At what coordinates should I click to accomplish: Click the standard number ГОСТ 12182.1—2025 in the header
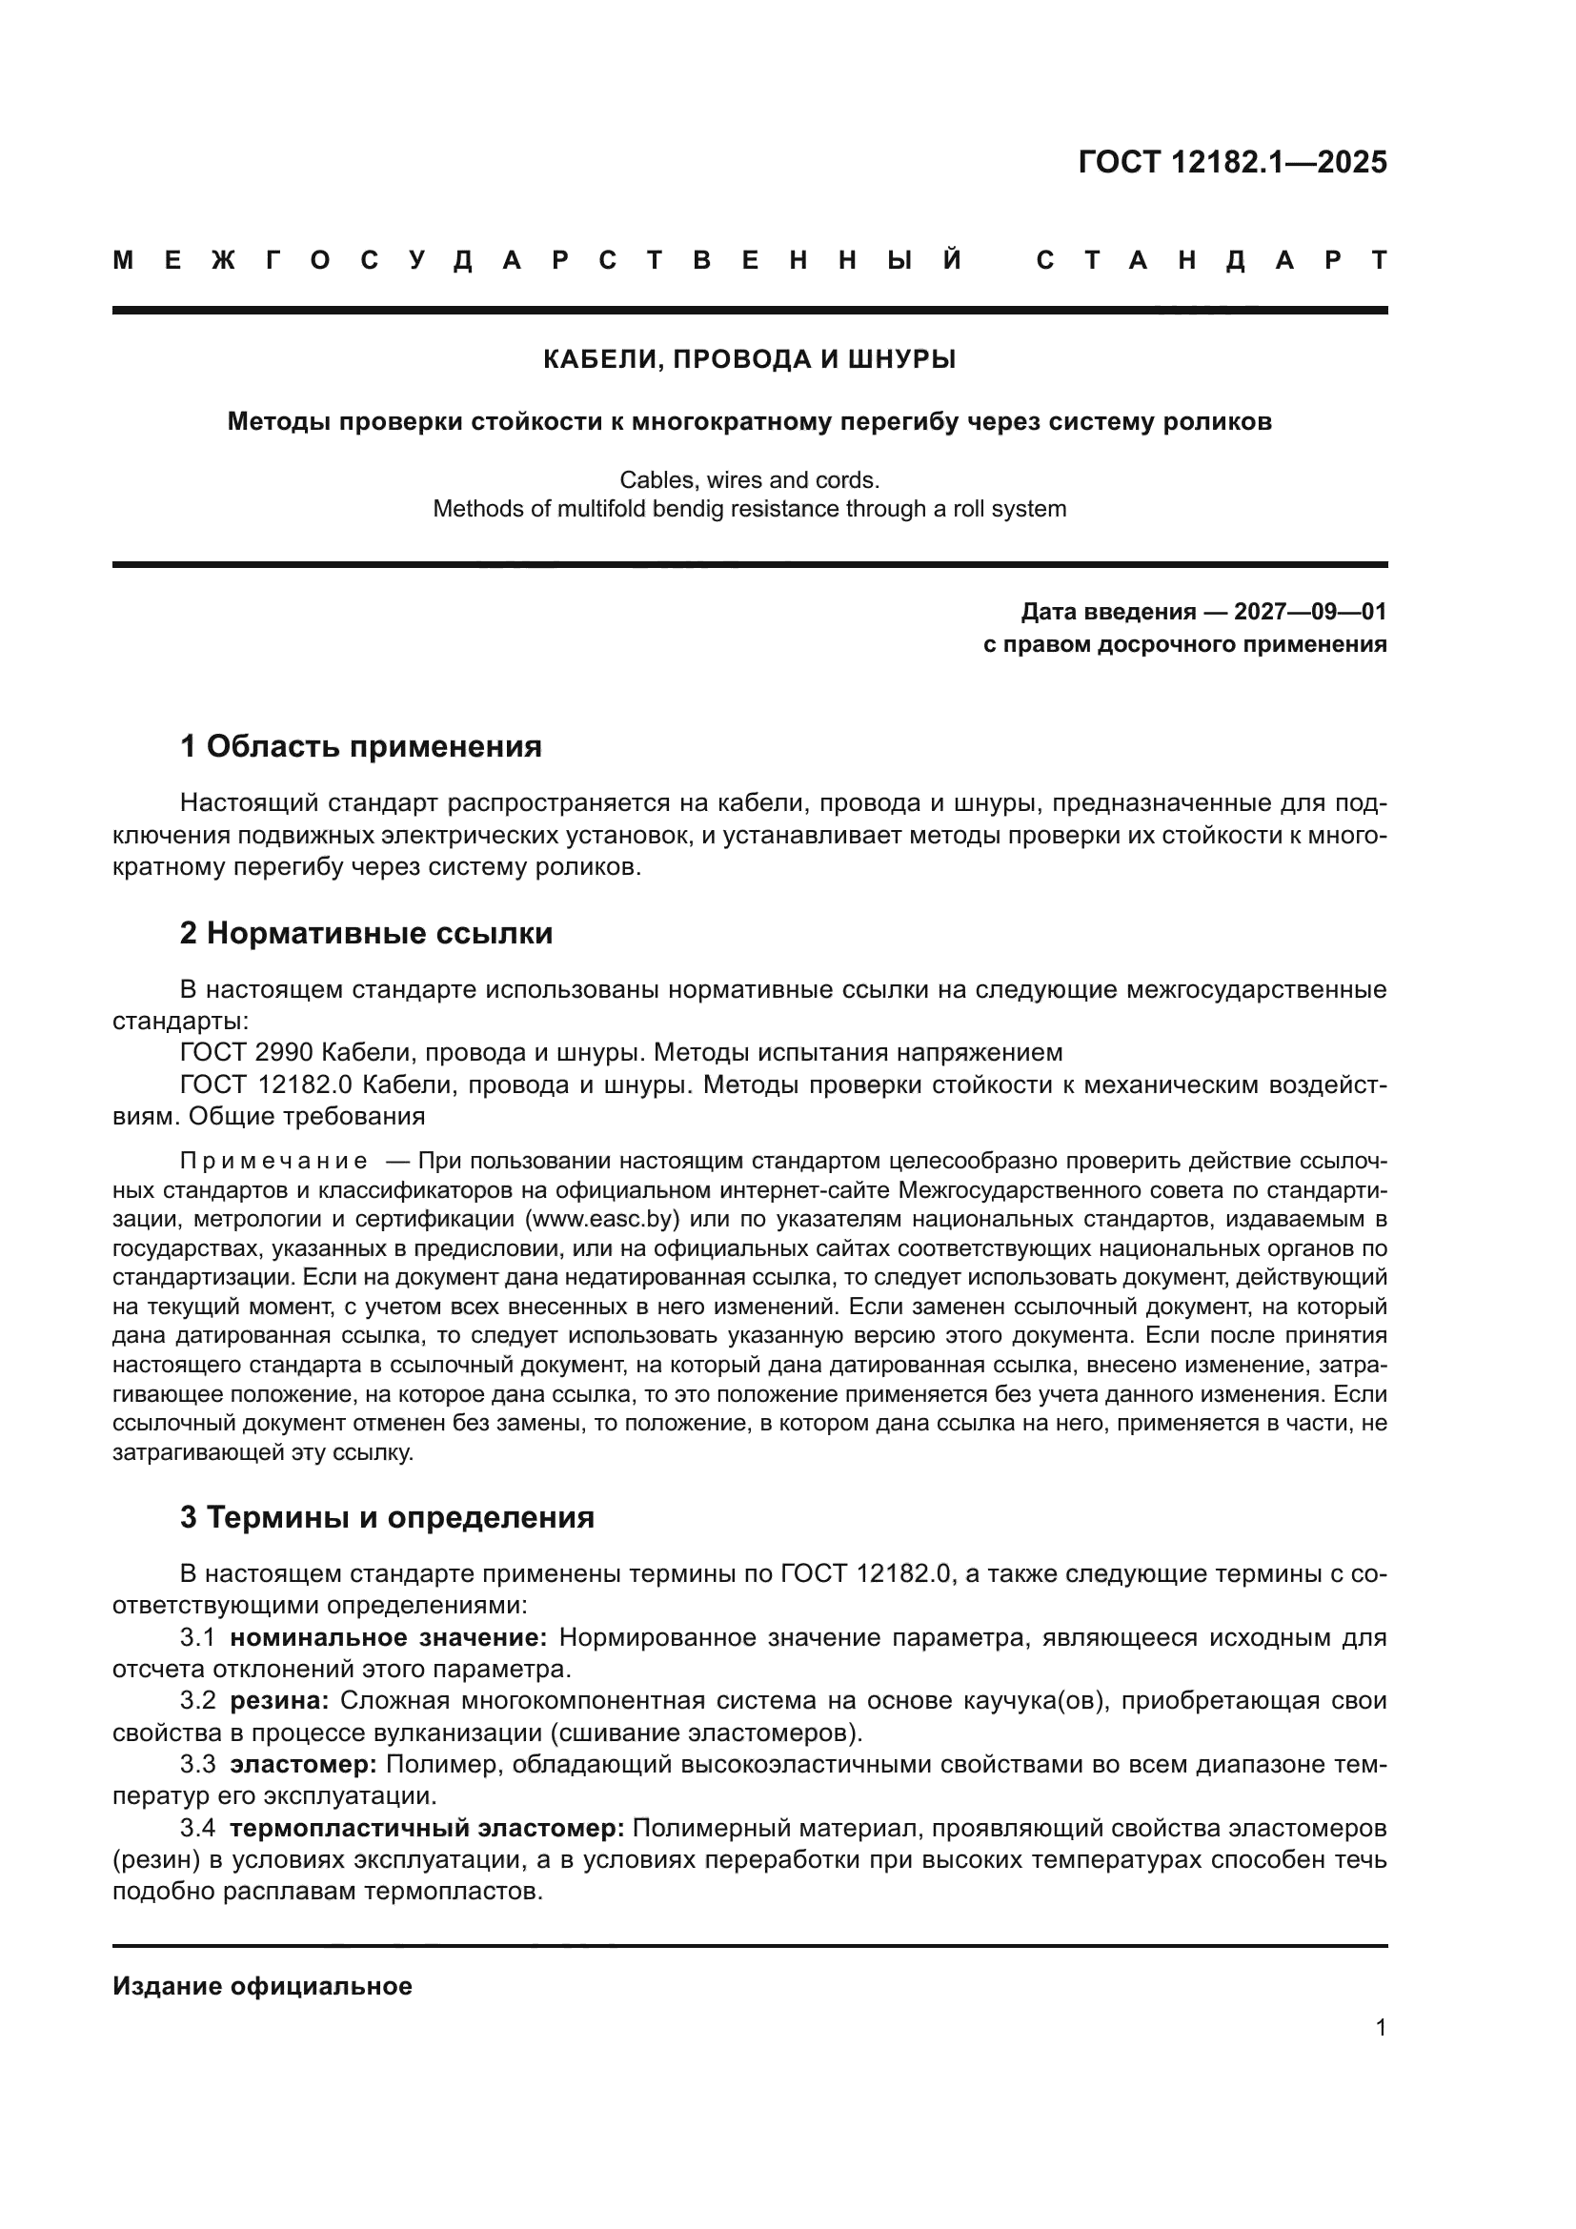pyautogui.click(x=1231, y=162)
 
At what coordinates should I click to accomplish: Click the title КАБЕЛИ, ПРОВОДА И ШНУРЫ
pyautogui.click(x=749, y=359)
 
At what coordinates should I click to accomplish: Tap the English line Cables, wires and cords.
pyautogui.click(x=749, y=479)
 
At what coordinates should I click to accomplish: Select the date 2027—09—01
pyautogui.click(x=1309, y=612)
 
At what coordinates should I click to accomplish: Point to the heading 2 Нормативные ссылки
pyautogui.click(x=366, y=933)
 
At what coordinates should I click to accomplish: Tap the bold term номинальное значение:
pyautogui.click(x=388, y=1638)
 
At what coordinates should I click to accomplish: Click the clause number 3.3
pyautogui.click(x=197, y=1764)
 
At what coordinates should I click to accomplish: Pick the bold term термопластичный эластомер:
pyautogui.click(x=427, y=1828)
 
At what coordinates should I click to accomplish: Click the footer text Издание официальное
pyautogui.click(x=262, y=1986)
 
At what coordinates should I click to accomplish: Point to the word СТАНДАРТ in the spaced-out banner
pyautogui.click(x=1211, y=260)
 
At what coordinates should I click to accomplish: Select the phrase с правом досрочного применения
pyautogui.click(x=1184, y=644)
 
